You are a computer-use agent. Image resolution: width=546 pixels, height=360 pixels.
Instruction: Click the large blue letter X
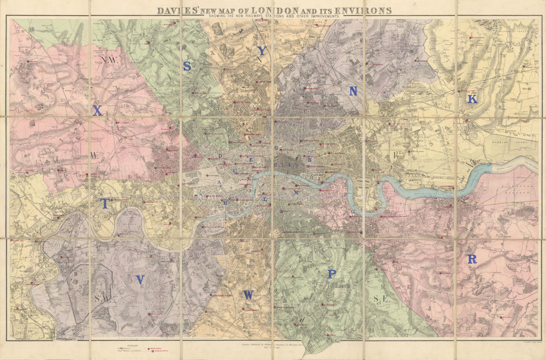(x=97, y=111)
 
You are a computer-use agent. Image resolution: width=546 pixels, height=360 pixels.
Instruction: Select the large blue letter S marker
(x=187, y=66)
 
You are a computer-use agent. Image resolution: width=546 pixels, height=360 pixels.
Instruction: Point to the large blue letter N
(x=353, y=92)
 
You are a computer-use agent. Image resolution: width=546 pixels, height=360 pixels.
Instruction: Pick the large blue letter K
(x=472, y=99)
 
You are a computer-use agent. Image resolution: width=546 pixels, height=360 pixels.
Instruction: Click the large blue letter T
(x=105, y=203)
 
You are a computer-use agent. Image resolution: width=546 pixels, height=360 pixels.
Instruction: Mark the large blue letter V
(x=140, y=280)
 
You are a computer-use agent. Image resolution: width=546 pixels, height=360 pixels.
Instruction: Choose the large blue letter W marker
(x=248, y=295)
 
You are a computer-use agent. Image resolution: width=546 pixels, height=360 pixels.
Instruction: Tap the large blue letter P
(x=331, y=274)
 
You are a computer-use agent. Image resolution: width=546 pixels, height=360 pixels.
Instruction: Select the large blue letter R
(x=472, y=259)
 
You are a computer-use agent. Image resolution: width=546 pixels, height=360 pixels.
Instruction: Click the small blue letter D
(x=220, y=156)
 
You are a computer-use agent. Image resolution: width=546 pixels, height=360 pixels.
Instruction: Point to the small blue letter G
(x=276, y=148)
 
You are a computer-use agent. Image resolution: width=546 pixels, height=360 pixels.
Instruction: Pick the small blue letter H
(x=310, y=160)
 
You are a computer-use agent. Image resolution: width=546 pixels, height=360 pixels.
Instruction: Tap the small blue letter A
(x=219, y=182)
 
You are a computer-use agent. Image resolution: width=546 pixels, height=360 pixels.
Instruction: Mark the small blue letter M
(x=297, y=193)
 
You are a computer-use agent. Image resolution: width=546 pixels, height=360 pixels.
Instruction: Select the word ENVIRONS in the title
(x=364, y=10)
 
